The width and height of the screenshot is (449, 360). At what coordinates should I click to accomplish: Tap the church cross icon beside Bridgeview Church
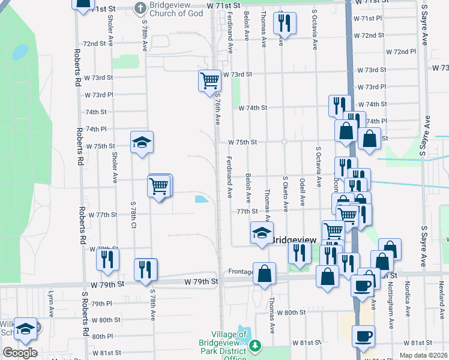(x=140, y=8)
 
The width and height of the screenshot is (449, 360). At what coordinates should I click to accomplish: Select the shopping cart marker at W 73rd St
(x=209, y=80)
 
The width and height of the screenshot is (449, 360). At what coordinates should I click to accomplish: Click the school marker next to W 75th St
(x=142, y=142)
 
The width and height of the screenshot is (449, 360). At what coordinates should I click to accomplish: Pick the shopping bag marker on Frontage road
(x=264, y=273)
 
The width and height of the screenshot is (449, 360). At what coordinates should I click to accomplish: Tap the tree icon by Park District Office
(x=256, y=345)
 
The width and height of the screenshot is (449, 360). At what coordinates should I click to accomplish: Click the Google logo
(x=20, y=352)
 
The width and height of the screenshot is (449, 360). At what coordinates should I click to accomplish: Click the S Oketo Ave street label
(x=286, y=193)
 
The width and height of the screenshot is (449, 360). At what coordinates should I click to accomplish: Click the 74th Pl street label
(x=95, y=129)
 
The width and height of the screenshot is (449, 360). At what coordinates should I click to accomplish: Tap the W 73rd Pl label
(x=99, y=95)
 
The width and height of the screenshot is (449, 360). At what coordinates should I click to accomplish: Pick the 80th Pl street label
(x=103, y=337)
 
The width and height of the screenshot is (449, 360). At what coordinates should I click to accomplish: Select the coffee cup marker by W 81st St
(x=363, y=337)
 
